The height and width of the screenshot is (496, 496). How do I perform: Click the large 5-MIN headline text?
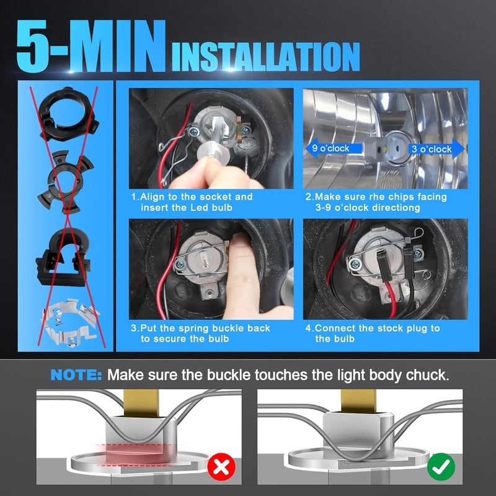tap(91, 46)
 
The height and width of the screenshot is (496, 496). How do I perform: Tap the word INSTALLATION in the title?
tap(266, 56)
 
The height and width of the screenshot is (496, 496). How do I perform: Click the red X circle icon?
tap(221, 467)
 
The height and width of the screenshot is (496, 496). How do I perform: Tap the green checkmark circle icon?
tap(441, 467)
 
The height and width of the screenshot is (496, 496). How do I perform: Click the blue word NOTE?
tap(76, 375)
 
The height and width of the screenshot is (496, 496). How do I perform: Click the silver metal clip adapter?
tap(71, 322)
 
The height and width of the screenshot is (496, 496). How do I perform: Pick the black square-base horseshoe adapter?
tap(63, 257)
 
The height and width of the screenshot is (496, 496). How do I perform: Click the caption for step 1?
tap(192, 202)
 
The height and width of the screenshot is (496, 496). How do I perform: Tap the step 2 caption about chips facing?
tap(376, 202)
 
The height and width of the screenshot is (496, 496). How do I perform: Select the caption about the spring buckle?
tap(200, 334)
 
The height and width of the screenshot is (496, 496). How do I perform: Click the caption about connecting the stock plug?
tap(373, 334)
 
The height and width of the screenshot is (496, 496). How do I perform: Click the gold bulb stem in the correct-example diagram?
tap(359, 401)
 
